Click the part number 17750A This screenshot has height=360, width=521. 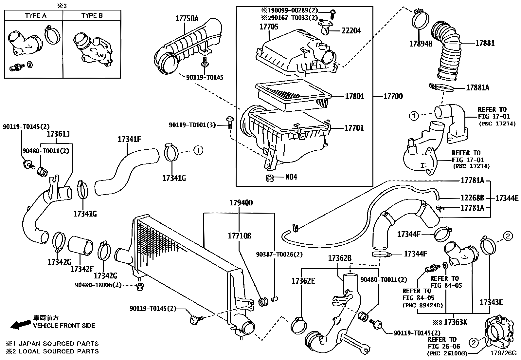click(x=187, y=19)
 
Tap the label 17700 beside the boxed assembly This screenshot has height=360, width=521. click(x=393, y=96)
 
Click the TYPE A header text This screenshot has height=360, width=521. click(x=36, y=15)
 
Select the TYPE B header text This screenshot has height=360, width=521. click(x=92, y=15)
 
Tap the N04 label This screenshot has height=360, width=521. click(x=291, y=177)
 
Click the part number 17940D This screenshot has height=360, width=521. click(x=241, y=203)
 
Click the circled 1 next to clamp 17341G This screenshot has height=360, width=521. click(x=198, y=150)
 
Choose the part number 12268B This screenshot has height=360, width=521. click(x=472, y=198)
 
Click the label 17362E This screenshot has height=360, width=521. click(x=303, y=281)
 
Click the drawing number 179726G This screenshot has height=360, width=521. click(x=503, y=353)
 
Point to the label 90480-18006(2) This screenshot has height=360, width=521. click(x=98, y=285)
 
